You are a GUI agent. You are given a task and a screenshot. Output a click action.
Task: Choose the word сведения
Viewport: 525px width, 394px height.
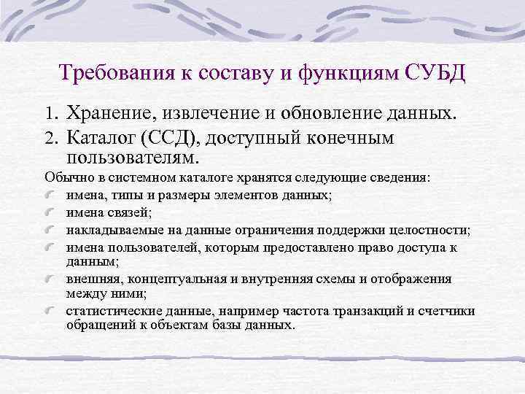pyautogui.click(x=404, y=177)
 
